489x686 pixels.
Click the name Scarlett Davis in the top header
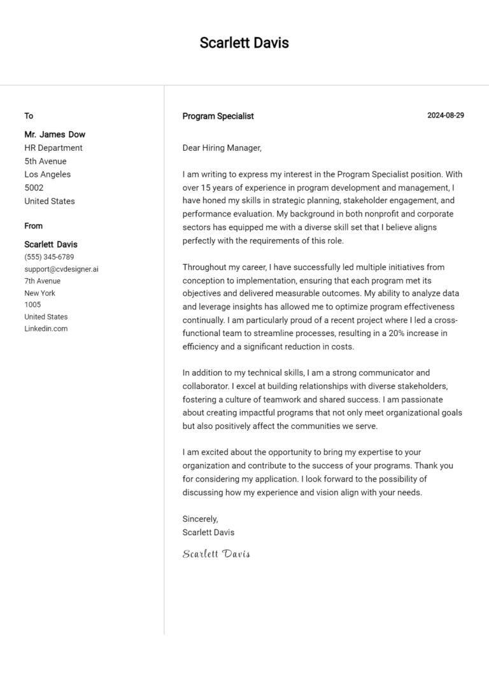(x=244, y=43)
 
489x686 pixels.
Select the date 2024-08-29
(x=446, y=115)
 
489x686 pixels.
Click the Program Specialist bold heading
(x=218, y=116)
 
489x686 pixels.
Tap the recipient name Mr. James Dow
(x=55, y=134)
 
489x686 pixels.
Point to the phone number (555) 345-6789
(x=49, y=257)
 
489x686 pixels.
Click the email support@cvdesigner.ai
(x=61, y=269)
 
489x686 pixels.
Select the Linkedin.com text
(x=46, y=328)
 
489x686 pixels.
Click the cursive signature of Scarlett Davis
(x=216, y=554)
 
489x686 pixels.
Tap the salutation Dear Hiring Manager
(x=222, y=148)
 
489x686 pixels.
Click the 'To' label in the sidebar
(x=29, y=116)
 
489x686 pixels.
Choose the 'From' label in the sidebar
(x=34, y=226)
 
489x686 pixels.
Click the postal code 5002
(x=34, y=188)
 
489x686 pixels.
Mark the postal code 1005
(x=32, y=305)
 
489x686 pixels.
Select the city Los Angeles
(x=48, y=174)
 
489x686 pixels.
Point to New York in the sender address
(x=40, y=293)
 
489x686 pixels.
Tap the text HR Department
(x=53, y=148)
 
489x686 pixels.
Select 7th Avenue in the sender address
(x=43, y=281)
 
